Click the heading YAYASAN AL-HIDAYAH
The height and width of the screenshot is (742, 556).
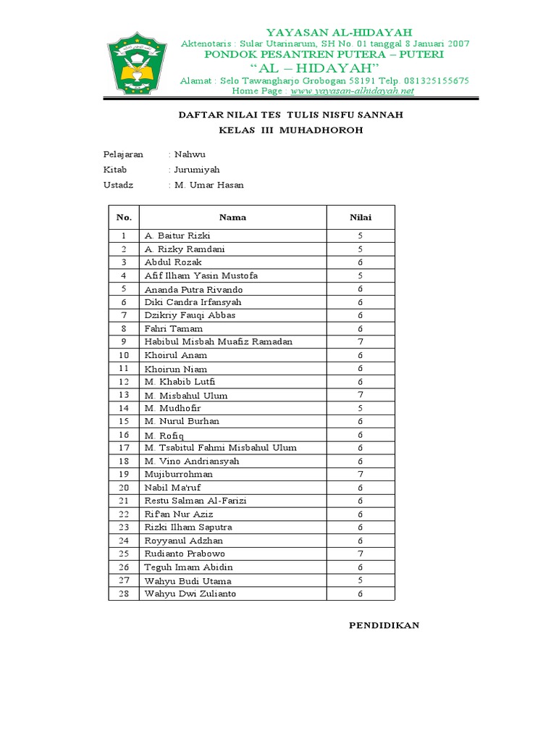click(339, 32)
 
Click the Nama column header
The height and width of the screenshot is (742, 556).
click(232, 217)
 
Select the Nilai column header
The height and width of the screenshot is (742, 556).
click(361, 217)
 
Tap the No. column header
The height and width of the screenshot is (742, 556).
click(124, 217)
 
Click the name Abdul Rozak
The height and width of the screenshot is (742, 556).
click(174, 262)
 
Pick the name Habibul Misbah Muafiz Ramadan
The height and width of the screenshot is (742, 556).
click(219, 341)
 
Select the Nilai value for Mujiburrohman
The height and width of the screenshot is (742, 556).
click(360, 474)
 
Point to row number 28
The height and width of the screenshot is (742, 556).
click(124, 593)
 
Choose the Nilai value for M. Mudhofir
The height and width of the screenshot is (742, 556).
click(360, 408)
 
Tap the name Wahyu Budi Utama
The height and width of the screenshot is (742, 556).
click(188, 580)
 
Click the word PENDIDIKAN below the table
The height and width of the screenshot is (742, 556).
click(384, 625)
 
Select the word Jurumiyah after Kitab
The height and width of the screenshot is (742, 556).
click(196, 170)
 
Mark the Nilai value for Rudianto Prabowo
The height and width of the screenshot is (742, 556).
click(360, 554)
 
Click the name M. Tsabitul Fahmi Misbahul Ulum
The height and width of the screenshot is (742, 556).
click(220, 448)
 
